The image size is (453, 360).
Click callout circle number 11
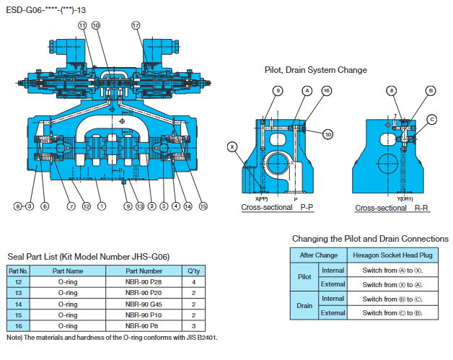82,25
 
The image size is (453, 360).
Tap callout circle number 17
136,25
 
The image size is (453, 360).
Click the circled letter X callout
232,146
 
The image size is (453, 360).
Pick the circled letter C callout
432,119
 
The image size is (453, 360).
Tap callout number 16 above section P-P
326,91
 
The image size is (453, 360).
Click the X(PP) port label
261,198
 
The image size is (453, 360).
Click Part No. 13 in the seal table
18,293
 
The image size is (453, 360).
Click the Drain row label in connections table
304,306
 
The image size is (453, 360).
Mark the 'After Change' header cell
318,255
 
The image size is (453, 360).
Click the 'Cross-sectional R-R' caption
392,208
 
